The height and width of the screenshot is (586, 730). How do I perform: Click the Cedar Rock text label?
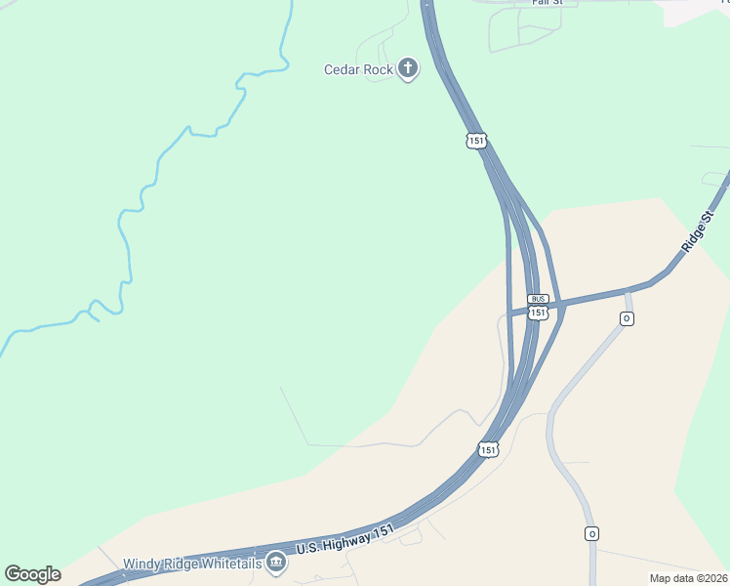pyautogui.click(x=358, y=69)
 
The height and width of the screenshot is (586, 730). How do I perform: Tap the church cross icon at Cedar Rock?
pyautogui.click(x=408, y=68)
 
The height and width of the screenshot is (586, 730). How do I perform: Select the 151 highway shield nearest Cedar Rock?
pyautogui.click(x=476, y=142)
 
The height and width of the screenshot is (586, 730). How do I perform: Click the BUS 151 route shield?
pyautogui.click(x=538, y=313)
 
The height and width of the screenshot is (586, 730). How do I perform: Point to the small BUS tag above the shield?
pyautogui.click(x=538, y=299)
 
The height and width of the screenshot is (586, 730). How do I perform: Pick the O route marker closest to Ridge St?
pyautogui.click(x=627, y=319)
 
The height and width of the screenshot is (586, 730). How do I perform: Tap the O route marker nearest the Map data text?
pyautogui.click(x=591, y=533)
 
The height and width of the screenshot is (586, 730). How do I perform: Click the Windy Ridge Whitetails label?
pyautogui.click(x=192, y=564)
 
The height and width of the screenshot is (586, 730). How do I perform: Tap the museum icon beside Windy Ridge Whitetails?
pyautogui.click(x=276, y=563)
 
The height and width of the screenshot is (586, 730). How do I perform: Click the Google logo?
pyautogui.click(x=32, y=574)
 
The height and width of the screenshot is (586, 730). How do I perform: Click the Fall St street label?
pyautogui.click(x=547, y=3)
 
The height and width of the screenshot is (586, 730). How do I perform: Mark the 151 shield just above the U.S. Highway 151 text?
pyautogui.click(x=488, y=449)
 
